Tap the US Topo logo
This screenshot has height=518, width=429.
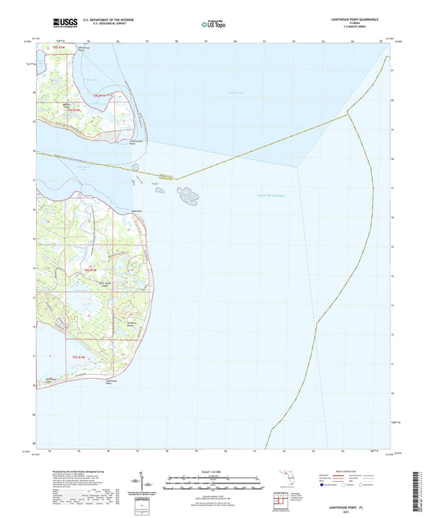(211, 24)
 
